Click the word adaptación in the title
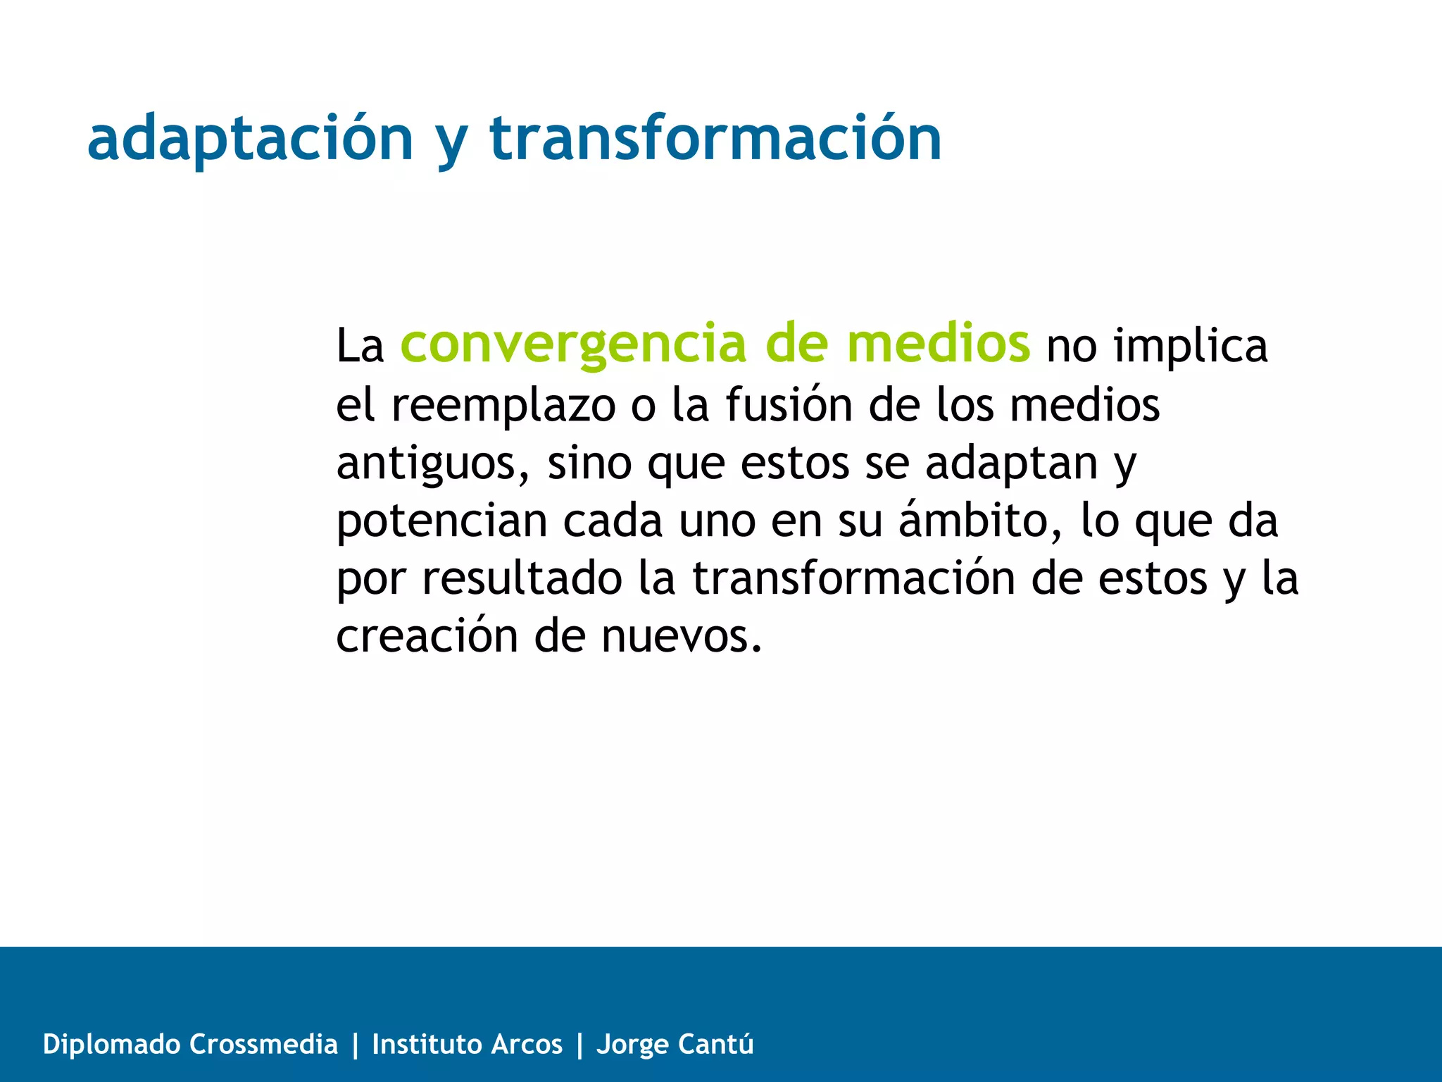(250, 139)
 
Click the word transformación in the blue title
(715, 139)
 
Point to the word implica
(1190, 347)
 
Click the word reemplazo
(503, 406)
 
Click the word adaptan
(1011, 464)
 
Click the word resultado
(522, 579)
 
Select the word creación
(426, 636)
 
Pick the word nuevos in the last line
(681, 636)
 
